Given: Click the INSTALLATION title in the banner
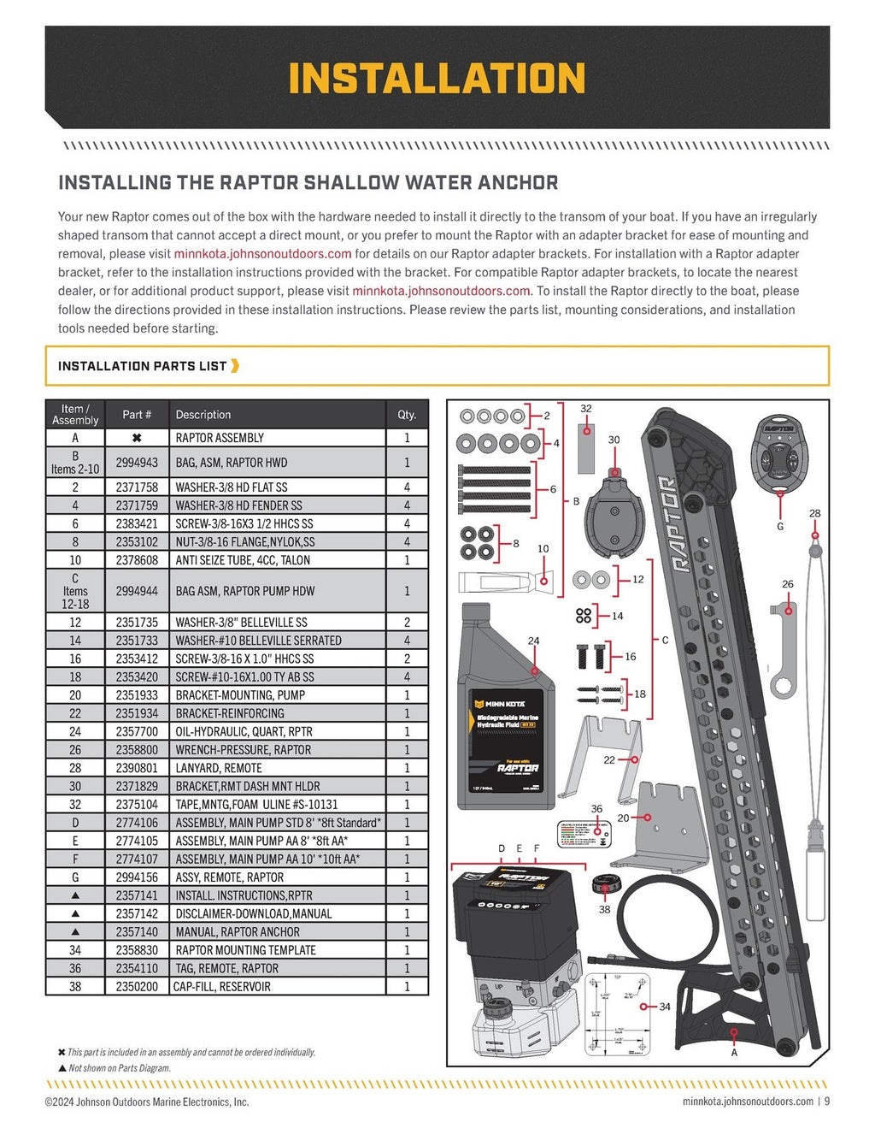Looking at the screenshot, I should click(437, 79).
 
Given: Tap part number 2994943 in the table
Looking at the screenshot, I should click(137, 463).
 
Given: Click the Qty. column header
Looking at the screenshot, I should click(407, 415).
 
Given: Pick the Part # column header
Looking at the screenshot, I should click(137, 415).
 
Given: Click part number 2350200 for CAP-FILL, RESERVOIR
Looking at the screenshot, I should click(137, 987).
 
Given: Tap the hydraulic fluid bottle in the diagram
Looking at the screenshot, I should click(508, 718).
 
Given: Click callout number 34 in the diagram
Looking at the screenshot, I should click(665, 1007).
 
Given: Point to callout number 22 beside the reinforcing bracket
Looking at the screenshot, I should click(609, 759).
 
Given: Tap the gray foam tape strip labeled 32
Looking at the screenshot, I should click(586, 447).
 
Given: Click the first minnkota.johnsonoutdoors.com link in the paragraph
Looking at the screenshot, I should click(262, 254).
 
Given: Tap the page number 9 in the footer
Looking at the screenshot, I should click(826, 1102).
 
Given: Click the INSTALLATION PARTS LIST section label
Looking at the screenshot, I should click(142, 366).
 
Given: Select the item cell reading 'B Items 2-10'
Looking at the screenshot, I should click(75, 463).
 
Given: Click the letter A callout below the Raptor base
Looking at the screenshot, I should click(734, 1053).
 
